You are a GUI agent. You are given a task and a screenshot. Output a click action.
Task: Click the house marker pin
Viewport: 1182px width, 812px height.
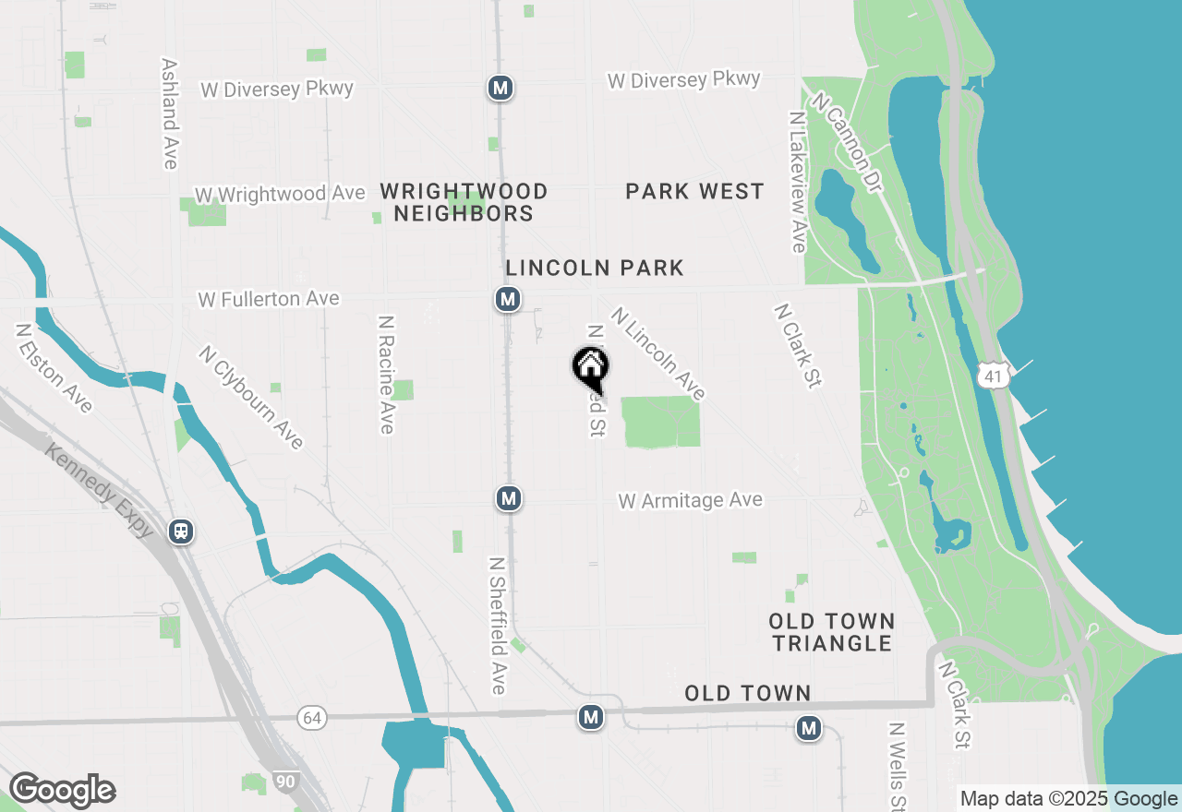[x=590, y=368]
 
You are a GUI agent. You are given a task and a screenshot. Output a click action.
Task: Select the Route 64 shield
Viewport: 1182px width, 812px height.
[x=311, y=718]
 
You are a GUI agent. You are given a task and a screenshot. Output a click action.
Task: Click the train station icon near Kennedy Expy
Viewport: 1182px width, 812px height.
[x=182, y=531]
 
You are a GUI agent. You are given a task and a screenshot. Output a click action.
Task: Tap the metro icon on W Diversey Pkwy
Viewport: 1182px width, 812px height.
[x=501, y=88]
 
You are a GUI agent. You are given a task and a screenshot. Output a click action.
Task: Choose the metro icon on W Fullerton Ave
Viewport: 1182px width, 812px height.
[x=507, y=299]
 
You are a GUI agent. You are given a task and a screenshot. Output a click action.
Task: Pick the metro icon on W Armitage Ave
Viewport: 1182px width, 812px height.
[x=508, y=498]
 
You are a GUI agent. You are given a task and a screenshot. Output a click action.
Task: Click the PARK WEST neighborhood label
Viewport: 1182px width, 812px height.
[x=694, y=192]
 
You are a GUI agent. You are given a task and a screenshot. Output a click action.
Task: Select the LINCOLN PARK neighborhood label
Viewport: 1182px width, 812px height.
[x=595, y=269]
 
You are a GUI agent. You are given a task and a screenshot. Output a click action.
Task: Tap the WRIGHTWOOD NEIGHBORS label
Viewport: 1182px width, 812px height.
[x=464, y=203]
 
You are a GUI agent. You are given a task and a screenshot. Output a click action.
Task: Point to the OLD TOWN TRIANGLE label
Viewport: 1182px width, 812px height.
[x=832, y=632]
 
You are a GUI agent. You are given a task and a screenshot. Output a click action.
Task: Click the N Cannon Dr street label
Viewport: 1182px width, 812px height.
[x=848, y=147]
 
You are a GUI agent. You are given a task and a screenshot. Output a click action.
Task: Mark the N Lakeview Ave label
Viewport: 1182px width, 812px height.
[x=798, y=182]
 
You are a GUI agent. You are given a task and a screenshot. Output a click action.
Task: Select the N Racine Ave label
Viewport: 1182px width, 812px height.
[x=386, y=374]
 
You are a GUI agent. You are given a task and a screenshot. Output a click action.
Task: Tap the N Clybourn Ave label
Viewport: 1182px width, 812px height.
[x=251, y=397]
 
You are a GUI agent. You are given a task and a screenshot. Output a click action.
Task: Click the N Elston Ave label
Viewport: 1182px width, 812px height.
[x=54, y=368]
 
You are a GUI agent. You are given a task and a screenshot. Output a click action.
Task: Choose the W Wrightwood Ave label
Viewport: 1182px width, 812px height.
[x=280, y=195]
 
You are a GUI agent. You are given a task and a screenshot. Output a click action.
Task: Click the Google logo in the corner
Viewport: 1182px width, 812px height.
[x=62, y=791]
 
